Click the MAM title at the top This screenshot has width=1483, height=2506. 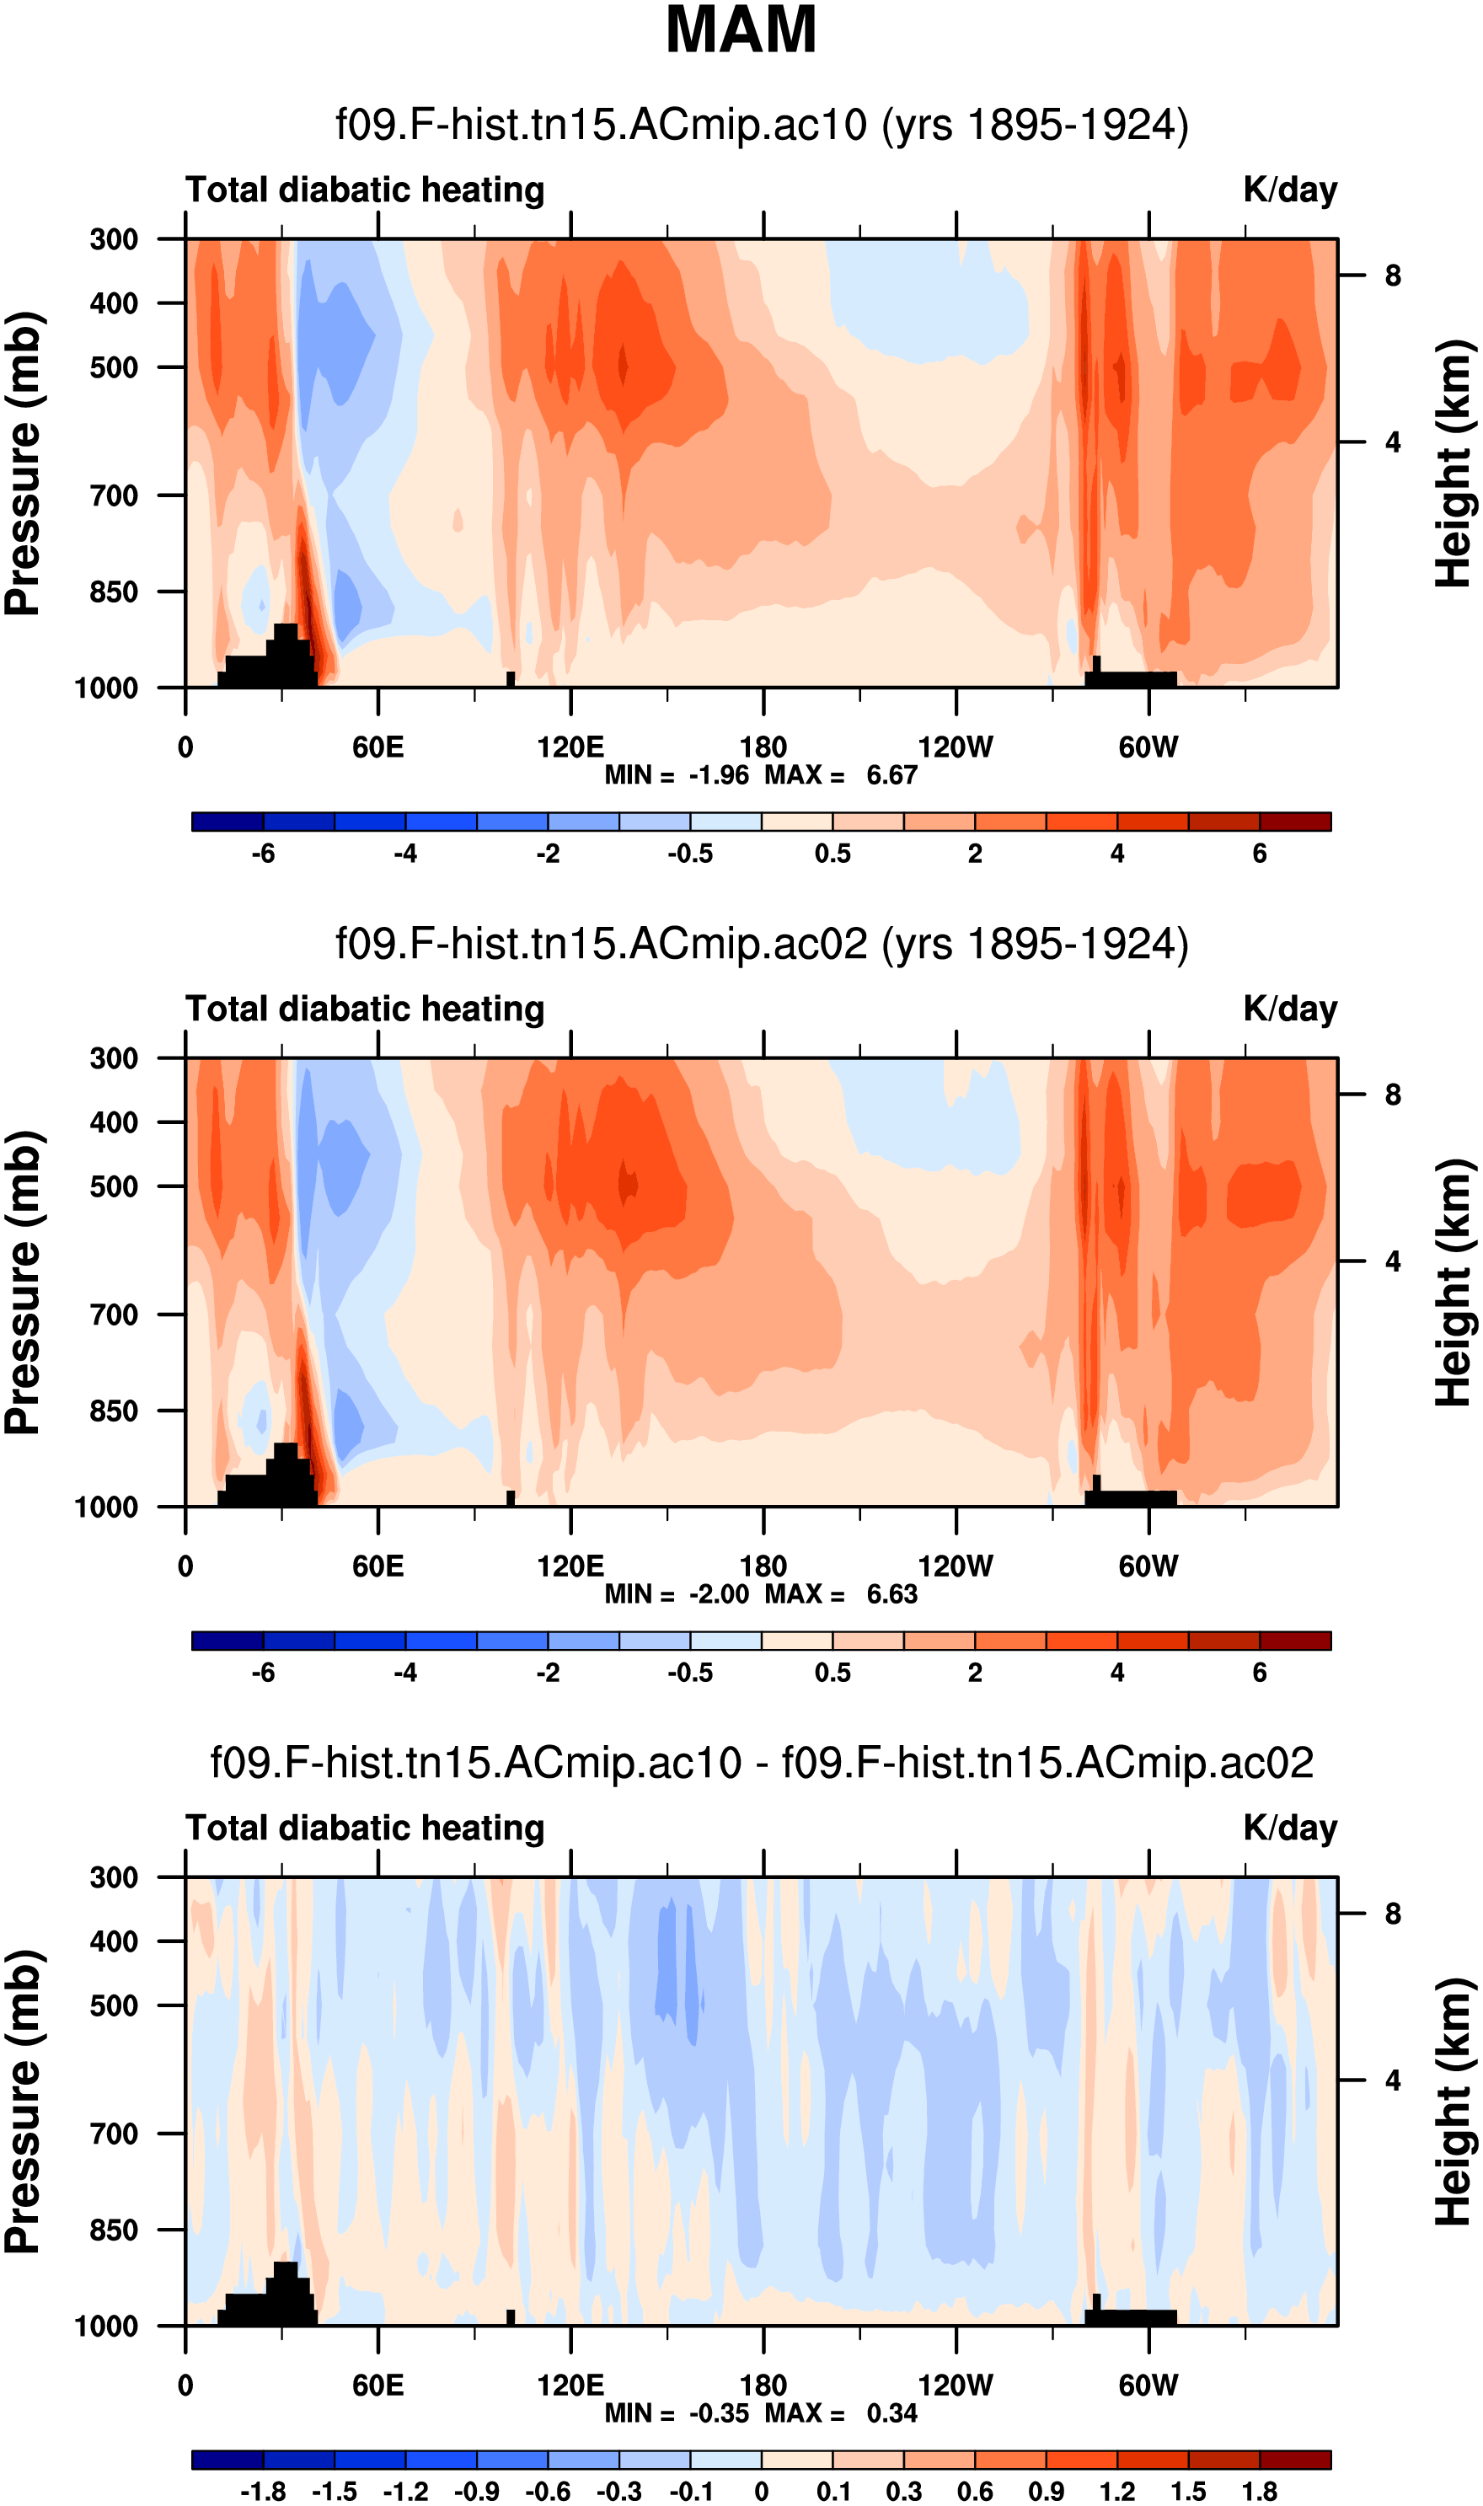click(x=741, y=30)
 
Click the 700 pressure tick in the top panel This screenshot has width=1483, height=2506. click(x=114, y=495)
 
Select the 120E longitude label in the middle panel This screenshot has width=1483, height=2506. click(x=570, y=1566)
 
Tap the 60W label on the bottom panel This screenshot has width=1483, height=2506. click(x=1148, y=2386)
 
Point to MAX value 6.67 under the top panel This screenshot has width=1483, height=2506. click(x=891, y=775)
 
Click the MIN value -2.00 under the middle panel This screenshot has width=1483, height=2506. click(x=719, y=1593)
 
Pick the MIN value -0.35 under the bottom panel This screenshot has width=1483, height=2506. click(x=719, y=2413)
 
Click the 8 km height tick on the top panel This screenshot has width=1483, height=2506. click(x=1392, y=276)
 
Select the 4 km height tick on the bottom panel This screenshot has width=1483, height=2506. click(x=1392, y=2080)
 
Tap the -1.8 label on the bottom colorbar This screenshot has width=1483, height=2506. click(x=263, y=2483)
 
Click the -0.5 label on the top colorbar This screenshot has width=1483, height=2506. click(x=691, y=854)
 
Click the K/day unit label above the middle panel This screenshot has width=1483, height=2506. click(x=1289, y=1009)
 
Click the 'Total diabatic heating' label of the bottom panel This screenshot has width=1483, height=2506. click(x=365, y=1829)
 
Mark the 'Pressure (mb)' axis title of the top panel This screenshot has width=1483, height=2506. click(x=23, y=463)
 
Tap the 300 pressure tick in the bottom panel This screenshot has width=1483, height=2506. click(x=114, y=1877)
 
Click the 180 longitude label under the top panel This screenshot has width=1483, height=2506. click(x=763, y=747)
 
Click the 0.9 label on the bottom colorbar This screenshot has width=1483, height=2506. click(x=1046, y=2483)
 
